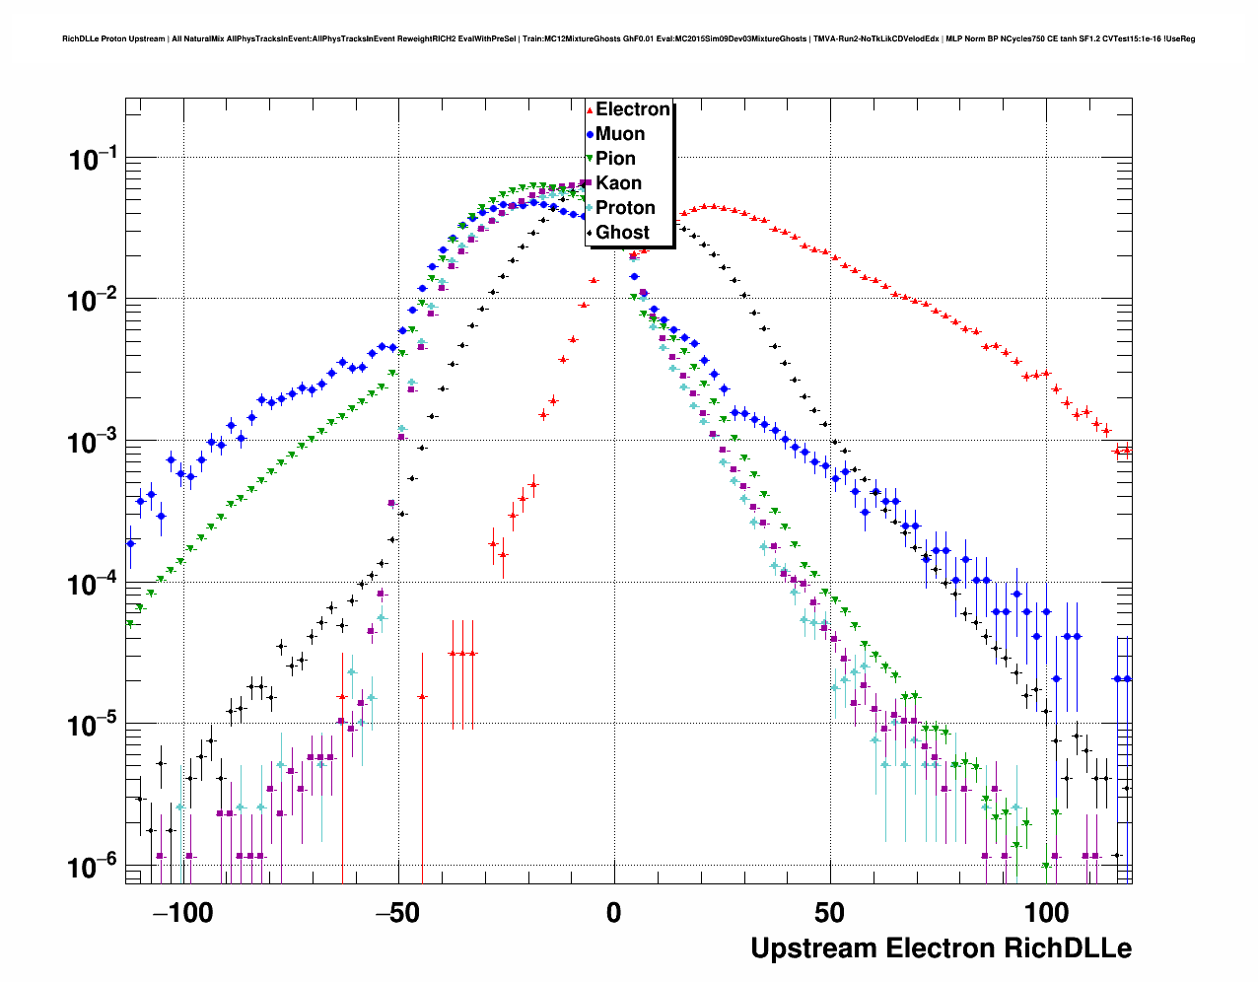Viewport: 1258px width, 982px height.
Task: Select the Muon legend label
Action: point(620,134)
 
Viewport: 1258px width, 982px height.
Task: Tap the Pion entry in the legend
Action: point(615,159)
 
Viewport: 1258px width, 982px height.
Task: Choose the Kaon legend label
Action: point(618,183)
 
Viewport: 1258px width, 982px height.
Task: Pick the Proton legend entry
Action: point(625,208)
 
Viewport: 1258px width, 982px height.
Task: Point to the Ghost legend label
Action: point(622,233)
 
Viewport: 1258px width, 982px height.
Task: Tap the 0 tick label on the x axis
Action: point(614,913)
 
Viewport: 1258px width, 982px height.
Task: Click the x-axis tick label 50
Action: point(830,913)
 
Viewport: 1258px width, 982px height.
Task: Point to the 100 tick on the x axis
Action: point(1046,913)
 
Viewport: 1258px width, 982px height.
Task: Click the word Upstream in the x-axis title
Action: point(813,948)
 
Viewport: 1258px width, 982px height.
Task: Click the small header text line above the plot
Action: point(628,38)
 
